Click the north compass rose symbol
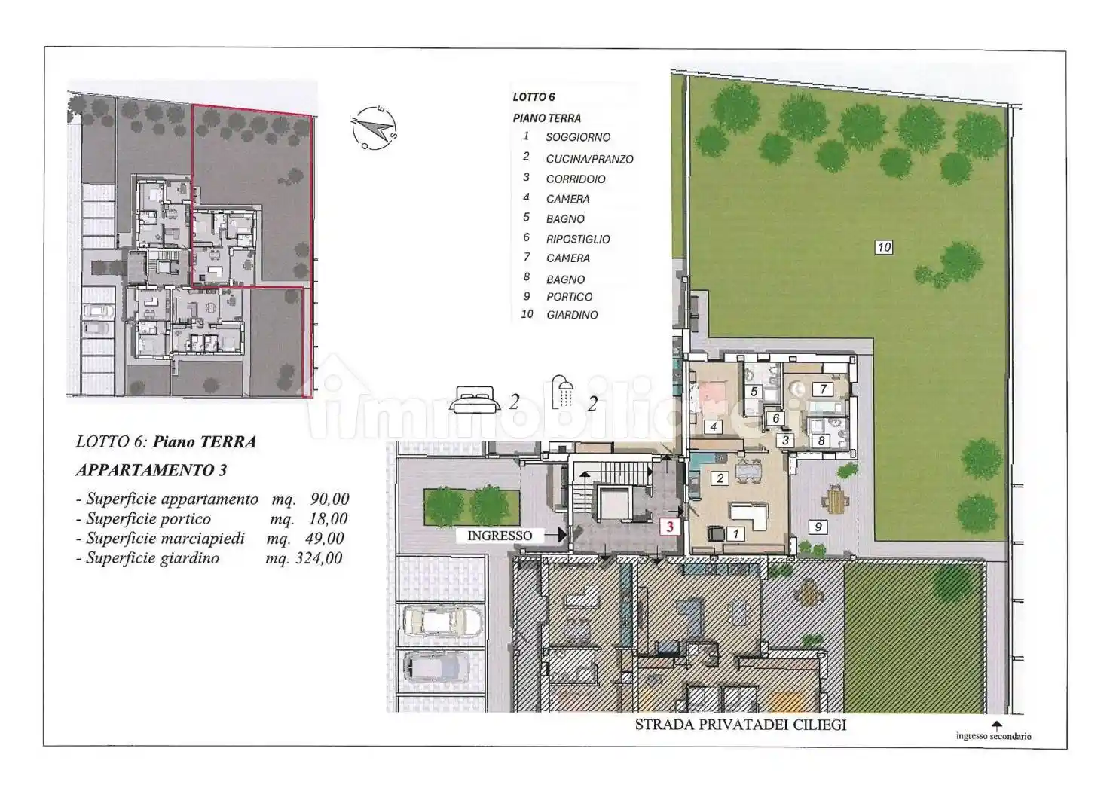tap(375, 128)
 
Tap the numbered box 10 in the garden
tap(884, 246)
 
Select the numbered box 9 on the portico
tap(818, 527)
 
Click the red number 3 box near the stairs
tap(670, 527)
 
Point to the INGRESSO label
tap(500, 536)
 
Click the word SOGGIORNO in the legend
tap(578, 137)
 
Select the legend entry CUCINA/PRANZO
tap(589, 159)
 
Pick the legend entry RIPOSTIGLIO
tap(578, 240)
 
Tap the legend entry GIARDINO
tap(572, 315)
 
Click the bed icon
tap(475, 399)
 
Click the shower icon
tap(561, 392)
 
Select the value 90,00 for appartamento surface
tap(330, 499)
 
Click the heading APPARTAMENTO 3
tap(151, 470)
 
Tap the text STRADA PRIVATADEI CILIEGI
tap(741, 725)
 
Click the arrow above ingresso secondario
tap(997, 726)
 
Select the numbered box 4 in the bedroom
tap(713, 426)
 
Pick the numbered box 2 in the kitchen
tap(720, 478)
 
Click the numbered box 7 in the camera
tap(824, 389)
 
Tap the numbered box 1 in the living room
tap(735, 534)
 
